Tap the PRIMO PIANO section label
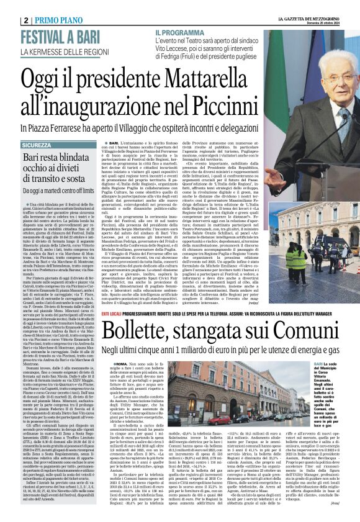[x=62, y=20]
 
